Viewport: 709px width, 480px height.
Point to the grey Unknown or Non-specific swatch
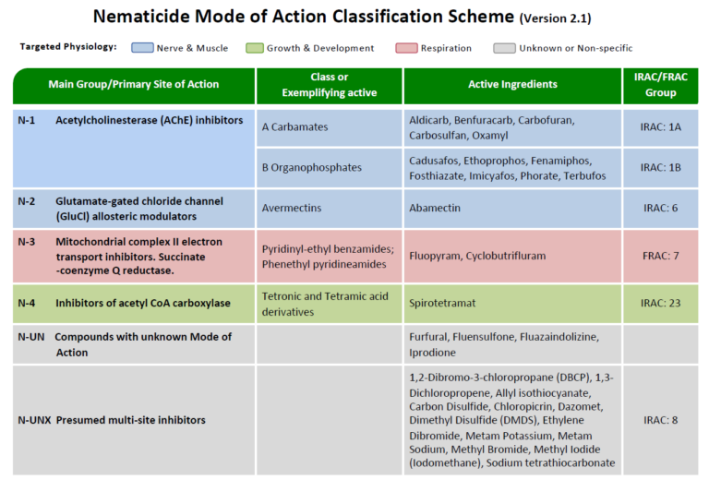pyautogui.click(x=505, y=47)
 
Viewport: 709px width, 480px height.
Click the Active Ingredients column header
pyautogui.click(x=512, y=85)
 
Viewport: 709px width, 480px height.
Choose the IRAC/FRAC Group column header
pyautogui.click(x=660, y=85)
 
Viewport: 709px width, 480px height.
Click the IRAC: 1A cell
pyautogui.click(x=660, y=126)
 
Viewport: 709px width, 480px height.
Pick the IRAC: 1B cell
pyautogui.click(x=660, y=168)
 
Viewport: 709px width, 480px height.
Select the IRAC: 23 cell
pyautogui.click(x=660, y=303)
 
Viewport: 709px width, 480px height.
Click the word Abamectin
pyautogui.click(x=435, y=209)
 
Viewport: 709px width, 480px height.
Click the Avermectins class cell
pyautogui.click(x=293, y=209)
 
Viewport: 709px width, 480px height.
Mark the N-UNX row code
pyautogui.click(x=32, y=420)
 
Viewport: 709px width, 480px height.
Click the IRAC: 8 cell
pyautogui.click(x=660, y=420)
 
